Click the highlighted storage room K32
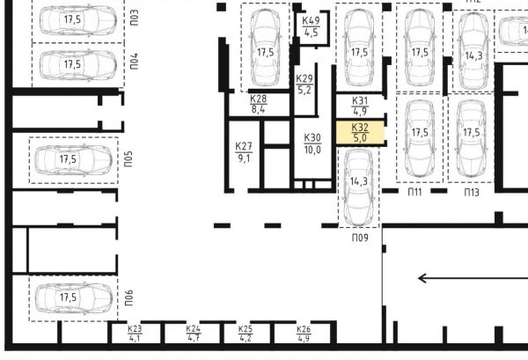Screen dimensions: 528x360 [360, 132]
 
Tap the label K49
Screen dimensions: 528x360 [311, 21]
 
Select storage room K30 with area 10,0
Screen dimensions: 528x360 [312, 143]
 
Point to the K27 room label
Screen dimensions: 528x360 [244, 146]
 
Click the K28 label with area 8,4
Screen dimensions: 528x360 [258, 104]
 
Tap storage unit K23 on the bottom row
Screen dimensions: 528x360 [135, 334]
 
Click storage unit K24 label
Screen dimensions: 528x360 [194, 334]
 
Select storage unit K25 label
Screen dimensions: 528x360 [246, 334]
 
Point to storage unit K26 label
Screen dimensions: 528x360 [304, 334]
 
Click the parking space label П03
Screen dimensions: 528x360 [135, 18]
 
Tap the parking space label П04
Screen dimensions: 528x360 [135, 61]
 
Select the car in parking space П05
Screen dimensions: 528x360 [73, 160]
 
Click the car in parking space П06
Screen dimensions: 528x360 [73, 298]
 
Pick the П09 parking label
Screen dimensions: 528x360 [360, 238]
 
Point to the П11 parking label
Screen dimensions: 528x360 [414, 192]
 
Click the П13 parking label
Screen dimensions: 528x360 [472, 192]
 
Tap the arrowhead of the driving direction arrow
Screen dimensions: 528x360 [419, 278]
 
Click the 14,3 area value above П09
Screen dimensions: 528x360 [359, 181]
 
